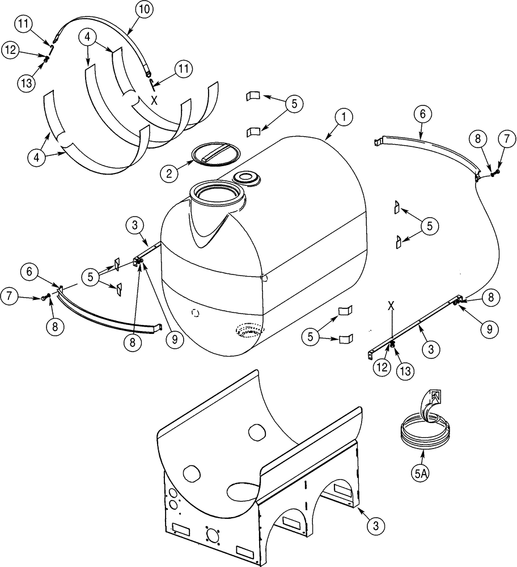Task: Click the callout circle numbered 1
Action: click(344, 117)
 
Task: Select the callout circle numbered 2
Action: click(168, 174)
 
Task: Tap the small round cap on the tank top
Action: click(247, 178)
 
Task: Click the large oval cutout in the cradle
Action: click(245, 479)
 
